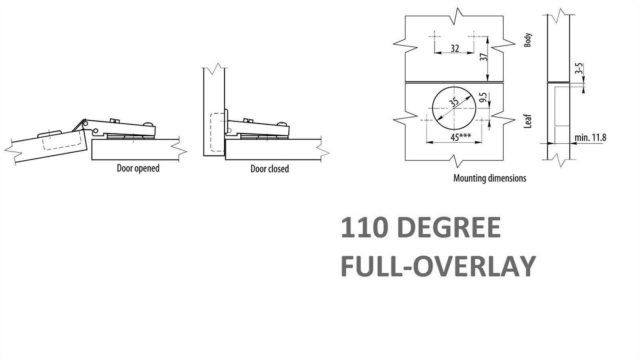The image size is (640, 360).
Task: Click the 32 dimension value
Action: pyautogui.click(x=454, y=48)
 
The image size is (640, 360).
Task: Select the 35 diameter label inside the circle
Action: pyautogui.click(x=454, y=102)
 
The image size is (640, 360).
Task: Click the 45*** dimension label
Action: pyautogui.click(x=460, y=137)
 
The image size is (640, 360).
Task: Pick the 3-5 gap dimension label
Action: pyautogui.click(x=578, y=68)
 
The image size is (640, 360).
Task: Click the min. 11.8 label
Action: pyautogui.click(x=590, y=138)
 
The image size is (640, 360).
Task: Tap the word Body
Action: pyautogui.click(x=528, y=40)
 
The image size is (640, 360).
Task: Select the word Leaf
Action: pyautogui.click(x=528, y=121)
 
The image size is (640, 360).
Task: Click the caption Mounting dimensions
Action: pyautogui.click(x=490, y=178)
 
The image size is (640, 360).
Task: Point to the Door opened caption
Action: pyautogui.click(x=138, y=168)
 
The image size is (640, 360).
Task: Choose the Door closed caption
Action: pyautogui.click(x=270, y=169)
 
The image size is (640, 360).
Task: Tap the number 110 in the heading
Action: pyautogui.click(x=364, y=228)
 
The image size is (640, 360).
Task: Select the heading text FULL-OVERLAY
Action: pyautogui.click(x=438, y=266)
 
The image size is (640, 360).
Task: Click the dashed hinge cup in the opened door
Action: pyautogui.click(x=64, y=140)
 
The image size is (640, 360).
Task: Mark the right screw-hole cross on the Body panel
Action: pyautogui.click(x=474, y=36)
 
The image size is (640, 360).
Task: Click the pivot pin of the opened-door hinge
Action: pyautogui.click(x=96, y=130)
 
